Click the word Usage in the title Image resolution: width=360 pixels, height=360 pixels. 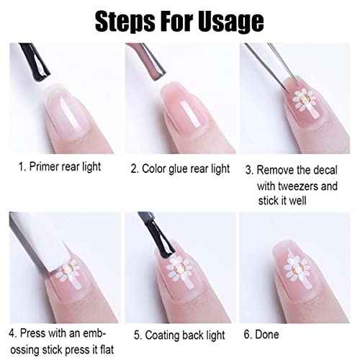pyautogui.click(x=231, y=22)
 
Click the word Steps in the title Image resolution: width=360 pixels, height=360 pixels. pyautogui.click(x=125, y=22)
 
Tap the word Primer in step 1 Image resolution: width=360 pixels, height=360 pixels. pyautogui.click(x=44, y=166)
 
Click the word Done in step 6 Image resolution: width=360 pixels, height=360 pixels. pyautogui.click(x=267, y=334)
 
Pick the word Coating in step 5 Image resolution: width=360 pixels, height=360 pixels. pyautogui.click(x=162, y=336)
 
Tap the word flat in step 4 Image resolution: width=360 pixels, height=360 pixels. pyautogui.click(x=107, y=350)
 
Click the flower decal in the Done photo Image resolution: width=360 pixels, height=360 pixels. pyautogui.click(x=296, y=271)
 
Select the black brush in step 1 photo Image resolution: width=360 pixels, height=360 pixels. pyautogui.click(x=35, y=63)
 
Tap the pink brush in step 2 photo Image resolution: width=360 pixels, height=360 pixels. pyautogui.click(x=147, y=61)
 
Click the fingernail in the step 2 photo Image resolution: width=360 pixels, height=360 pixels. pyautogui.click(x=185, y=107)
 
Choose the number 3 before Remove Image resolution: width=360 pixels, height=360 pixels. pyautogui.click(x=248, y=170)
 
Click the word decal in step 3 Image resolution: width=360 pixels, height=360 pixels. pyautogui.click(x=325, y=170)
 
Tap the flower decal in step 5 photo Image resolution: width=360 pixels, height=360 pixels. pyautogui.click(x=179, y=271)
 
